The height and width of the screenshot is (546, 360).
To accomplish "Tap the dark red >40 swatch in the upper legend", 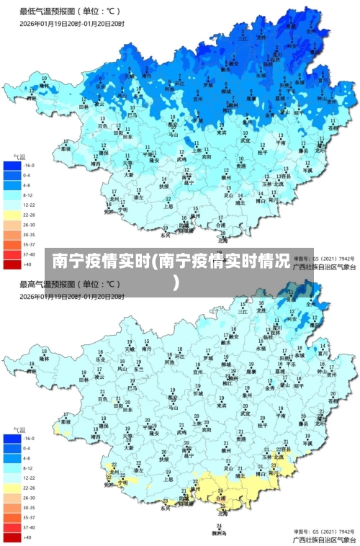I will tap(12, 265).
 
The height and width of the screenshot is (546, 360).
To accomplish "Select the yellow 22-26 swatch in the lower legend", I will tap(12, 488).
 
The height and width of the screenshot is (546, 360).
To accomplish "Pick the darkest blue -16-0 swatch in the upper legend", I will tap(12, 165).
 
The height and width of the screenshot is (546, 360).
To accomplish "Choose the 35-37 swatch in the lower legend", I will tap(12, 517).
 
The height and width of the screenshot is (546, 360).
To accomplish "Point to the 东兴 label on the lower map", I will tap(165, 508).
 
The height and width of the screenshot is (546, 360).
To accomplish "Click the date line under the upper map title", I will tap(72, 24).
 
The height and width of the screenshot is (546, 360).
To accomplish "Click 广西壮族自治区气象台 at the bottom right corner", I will tap(324, 539).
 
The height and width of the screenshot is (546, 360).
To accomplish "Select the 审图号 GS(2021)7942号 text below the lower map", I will tap(324, 529).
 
